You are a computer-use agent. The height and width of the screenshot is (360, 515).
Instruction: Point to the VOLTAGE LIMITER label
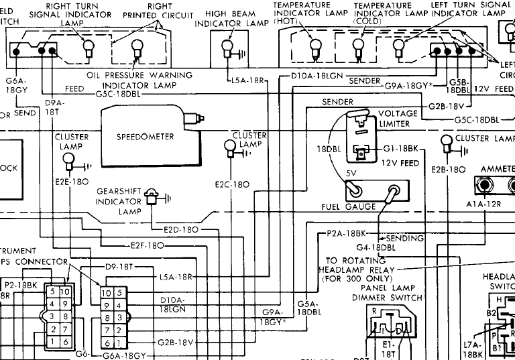(398, 119)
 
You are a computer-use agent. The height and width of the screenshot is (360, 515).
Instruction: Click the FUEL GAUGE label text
(349, 206)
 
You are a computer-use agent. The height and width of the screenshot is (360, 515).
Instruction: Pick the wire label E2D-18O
(181, 229)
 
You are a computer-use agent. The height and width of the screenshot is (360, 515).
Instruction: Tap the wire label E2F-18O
(147, 245)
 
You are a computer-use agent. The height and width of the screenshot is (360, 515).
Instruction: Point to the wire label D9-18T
(119, 266)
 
